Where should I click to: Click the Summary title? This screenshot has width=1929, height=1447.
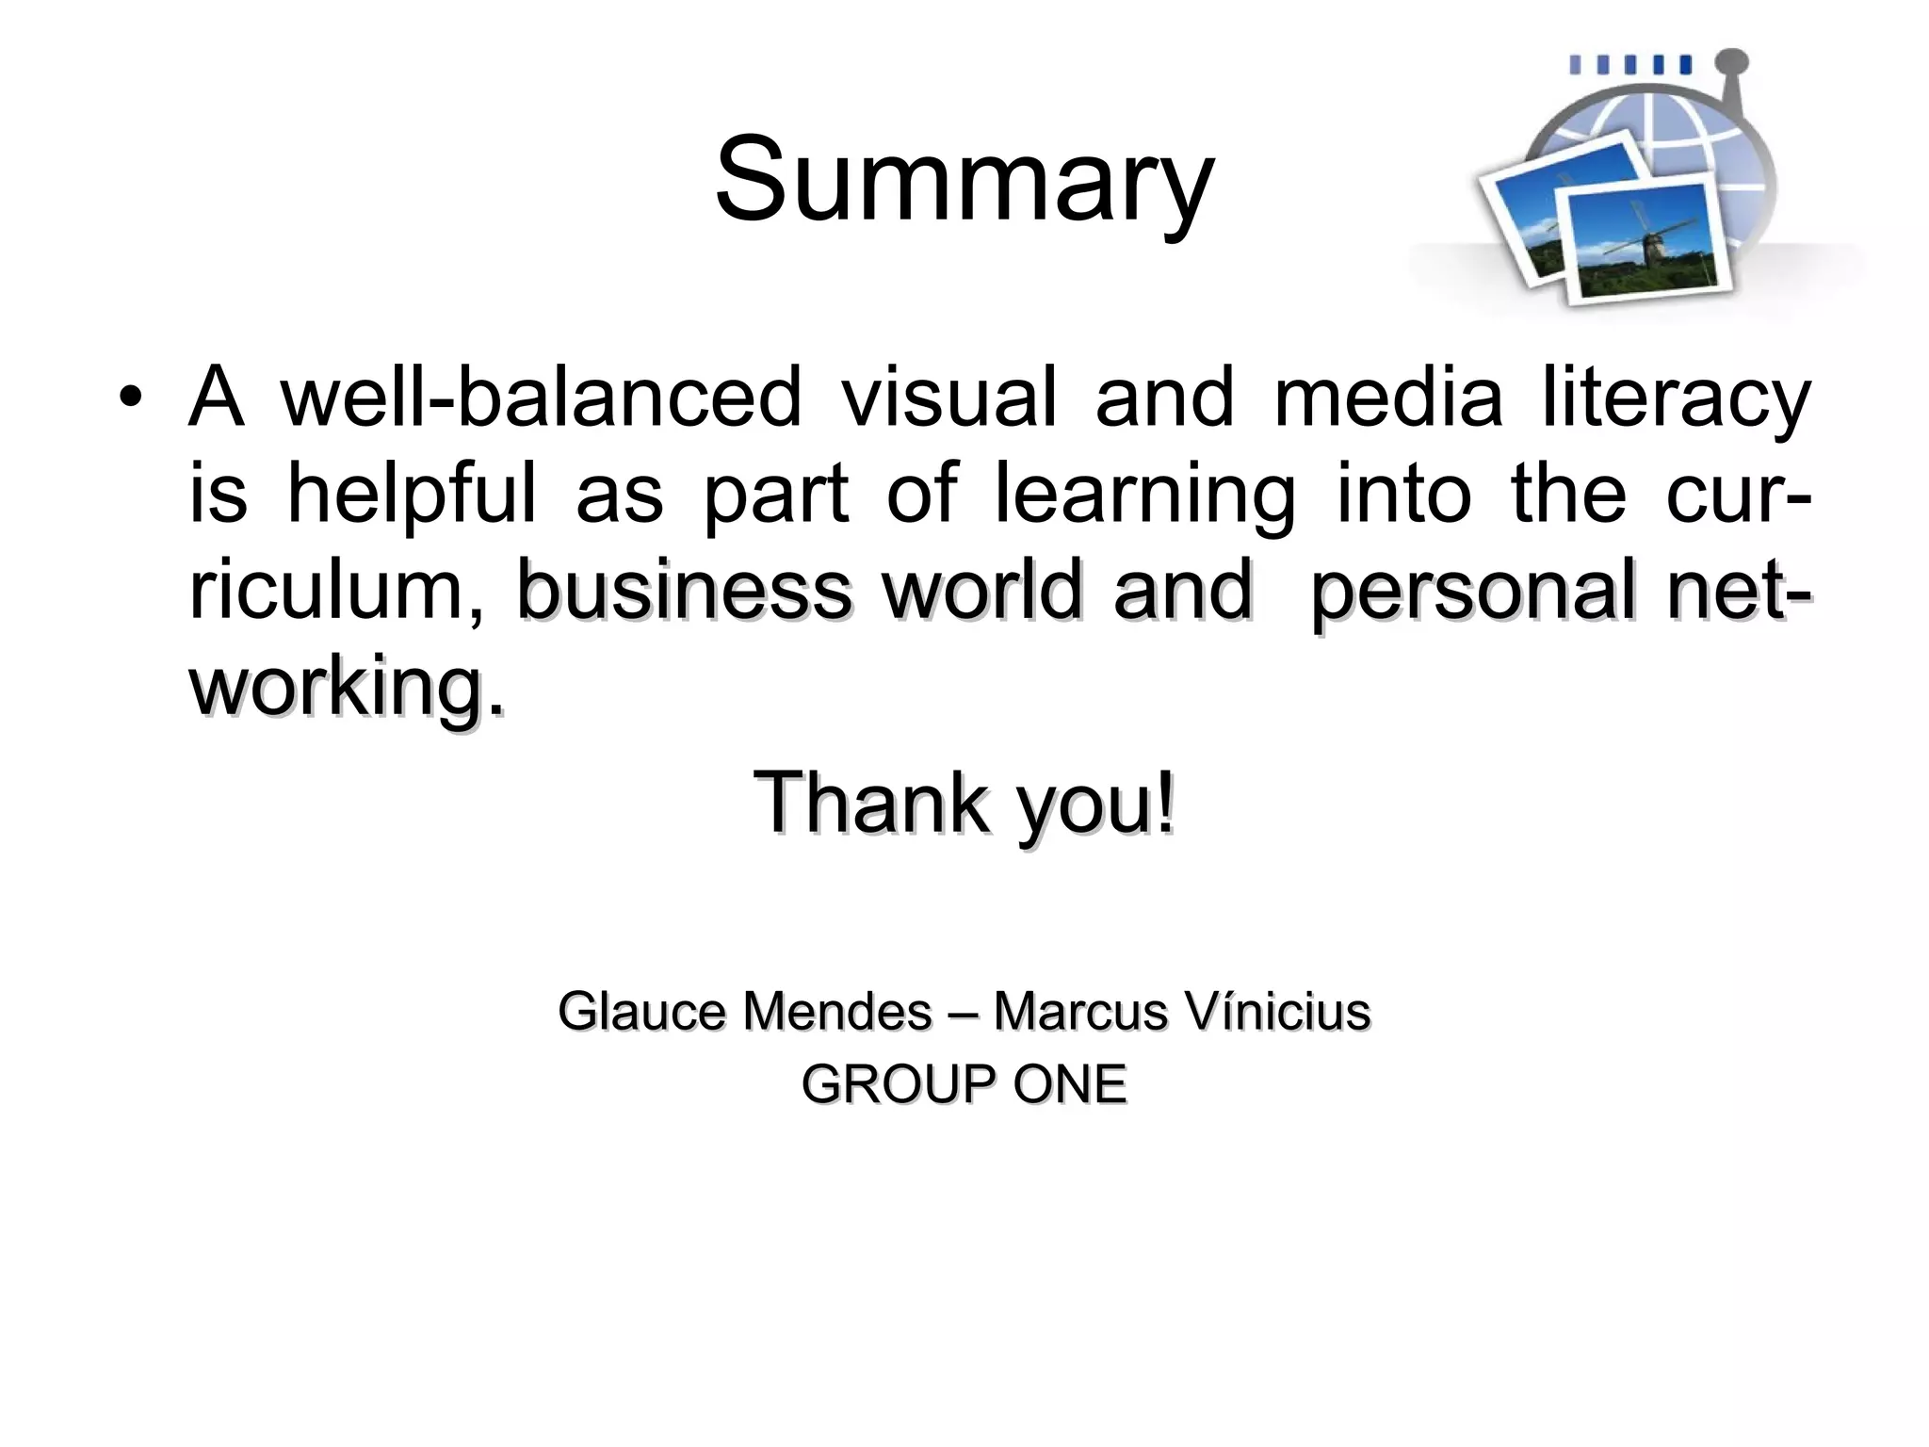pyautogui.click(x=964, y=179)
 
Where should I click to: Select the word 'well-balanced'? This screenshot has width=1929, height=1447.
pyautogui.click(x=542, y=397)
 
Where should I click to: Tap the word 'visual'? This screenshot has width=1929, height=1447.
pyautogui.click(x=948, y=397)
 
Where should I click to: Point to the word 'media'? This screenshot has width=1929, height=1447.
pyautogui.click(x=1387, y=397)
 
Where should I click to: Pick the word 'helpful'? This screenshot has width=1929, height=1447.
pyautogui.click(x=411, y=494)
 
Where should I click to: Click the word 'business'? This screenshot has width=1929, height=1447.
pyautogui.click(x=685, y=591)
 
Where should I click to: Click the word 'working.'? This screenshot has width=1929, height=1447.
pyautogui.click(x=347, y=688)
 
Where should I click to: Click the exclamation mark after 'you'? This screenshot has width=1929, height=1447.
pyautogui.click(x=1166, y=802)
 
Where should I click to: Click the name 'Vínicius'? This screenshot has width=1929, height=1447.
pyautogui.click(x=1277, y=1012)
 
